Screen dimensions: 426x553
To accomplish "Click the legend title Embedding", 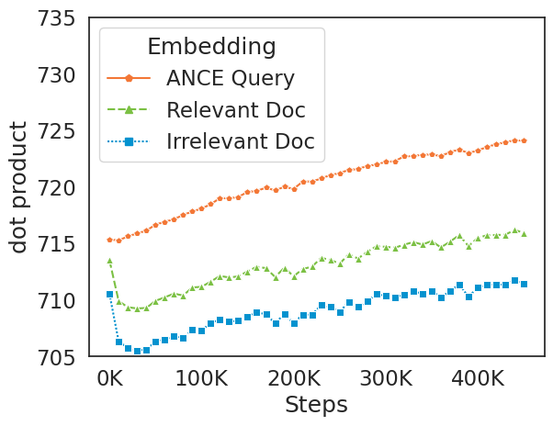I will coord(211,47).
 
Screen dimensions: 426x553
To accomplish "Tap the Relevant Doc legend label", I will coord(235,110).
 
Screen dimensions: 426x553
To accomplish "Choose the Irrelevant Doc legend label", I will coord(240,141).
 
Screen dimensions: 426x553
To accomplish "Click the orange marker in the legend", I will coord(129,78).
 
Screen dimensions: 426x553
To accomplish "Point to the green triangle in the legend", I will coord(129,110).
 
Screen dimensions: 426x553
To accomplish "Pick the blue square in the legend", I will coord(129,141).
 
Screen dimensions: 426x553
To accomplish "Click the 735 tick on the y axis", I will coord(54,17).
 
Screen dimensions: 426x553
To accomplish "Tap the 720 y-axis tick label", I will coord(54,187).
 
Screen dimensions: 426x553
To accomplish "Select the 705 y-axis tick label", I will coord(54,356).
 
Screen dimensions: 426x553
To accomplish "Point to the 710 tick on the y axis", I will coord(54,300).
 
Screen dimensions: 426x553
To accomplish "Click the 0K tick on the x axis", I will coord(109,378).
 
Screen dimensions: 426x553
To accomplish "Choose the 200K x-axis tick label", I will coord(294,378).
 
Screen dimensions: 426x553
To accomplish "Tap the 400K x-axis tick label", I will coord(479,378).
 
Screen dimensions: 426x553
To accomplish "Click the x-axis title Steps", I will coord(316,405).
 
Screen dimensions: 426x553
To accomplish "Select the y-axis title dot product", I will coord(19,186).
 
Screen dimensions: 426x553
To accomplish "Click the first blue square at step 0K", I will coord(109,294).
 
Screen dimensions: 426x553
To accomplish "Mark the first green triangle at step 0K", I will coord(109,261).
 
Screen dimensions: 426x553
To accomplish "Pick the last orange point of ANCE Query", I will coord(524,140).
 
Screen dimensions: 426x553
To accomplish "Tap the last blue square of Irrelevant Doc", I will coord(524,284).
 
